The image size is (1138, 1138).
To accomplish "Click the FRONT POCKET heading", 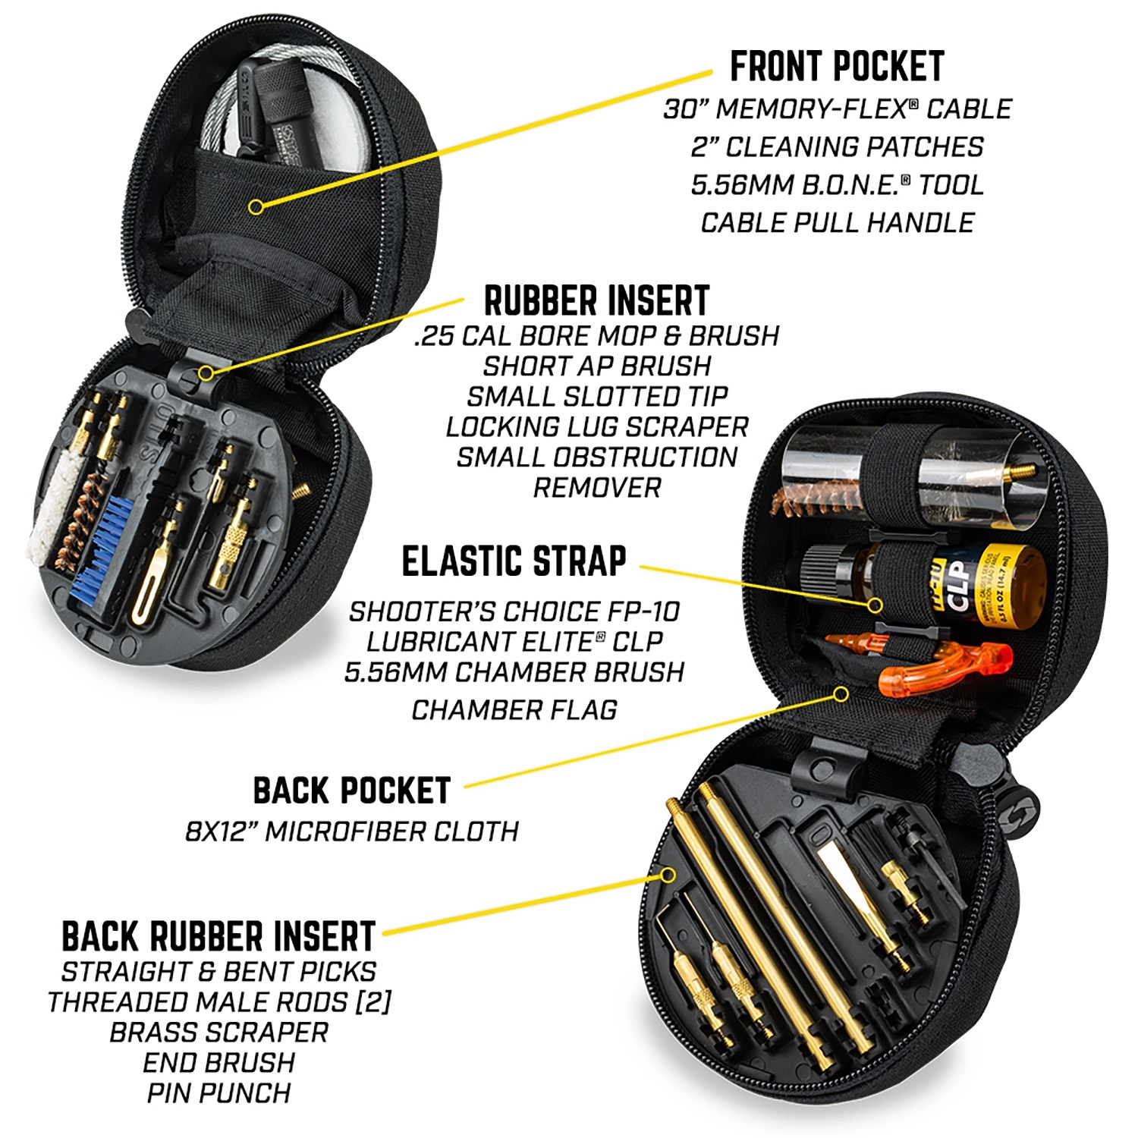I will tap(837, 67).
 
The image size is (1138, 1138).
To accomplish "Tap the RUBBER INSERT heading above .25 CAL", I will tap(596, 301).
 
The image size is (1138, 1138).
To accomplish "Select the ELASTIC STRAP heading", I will tap(514, 561).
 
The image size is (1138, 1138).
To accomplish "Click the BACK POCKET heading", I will tap(352, 791).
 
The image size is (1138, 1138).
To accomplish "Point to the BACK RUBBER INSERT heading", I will tap(218, 936).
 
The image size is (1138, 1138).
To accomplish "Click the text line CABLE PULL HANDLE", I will tap(837, 222).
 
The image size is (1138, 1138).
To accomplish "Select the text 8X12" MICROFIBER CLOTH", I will tap(352, 831).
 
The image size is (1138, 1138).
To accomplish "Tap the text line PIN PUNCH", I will tap(218, 1093).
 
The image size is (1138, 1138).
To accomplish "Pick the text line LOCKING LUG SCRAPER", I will tap(596, 426).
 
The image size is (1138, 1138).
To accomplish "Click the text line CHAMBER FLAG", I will tap(514, 710).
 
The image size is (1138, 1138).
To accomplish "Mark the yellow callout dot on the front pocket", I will tap(256, 206).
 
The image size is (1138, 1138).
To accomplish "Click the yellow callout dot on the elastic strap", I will tap(876, 605).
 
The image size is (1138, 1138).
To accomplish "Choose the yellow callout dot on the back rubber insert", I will tap(668, 875).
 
